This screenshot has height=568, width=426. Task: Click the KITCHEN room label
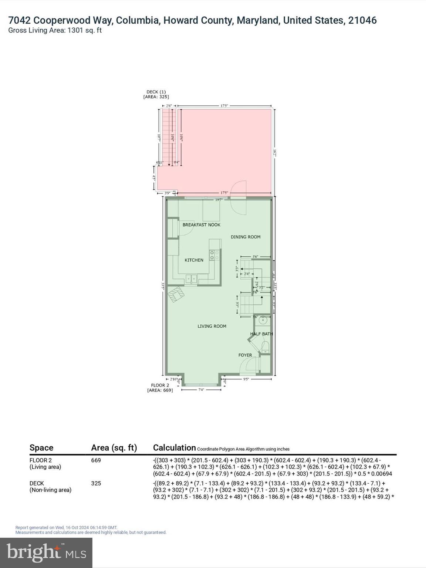(194, 260)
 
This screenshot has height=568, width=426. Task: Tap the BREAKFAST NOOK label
(201, 225)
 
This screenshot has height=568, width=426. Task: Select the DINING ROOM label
(246, 237)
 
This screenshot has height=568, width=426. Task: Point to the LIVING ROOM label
(212, 326)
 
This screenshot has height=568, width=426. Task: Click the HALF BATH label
(261, 334)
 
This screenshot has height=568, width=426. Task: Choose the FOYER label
(245, 355)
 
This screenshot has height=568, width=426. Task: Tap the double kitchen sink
(191, 279)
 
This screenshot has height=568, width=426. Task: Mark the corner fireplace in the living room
(176, 295)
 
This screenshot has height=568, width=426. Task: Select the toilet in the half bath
(265, 347)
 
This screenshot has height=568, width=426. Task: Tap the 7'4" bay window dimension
(201, 390)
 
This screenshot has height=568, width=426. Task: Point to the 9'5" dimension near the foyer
(246, 379)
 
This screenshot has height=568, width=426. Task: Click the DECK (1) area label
(156, 94)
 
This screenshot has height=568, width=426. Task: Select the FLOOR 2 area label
(160, 388)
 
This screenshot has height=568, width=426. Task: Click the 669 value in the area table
(96, 460)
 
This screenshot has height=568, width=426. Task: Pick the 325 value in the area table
(96, 483)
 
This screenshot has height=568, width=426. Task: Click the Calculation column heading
(174, 448)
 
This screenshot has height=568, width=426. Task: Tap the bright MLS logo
(46, 552)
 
